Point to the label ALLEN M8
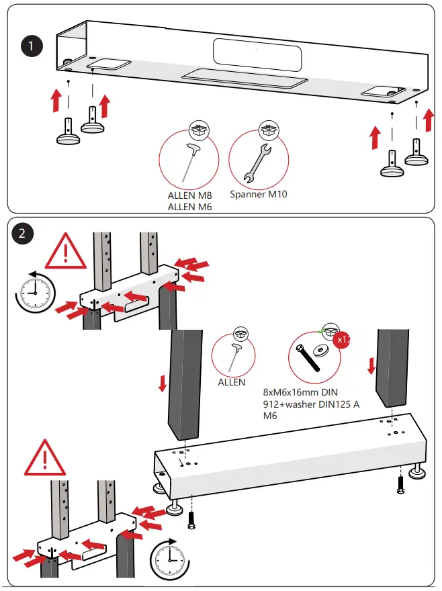(x=189, y=195)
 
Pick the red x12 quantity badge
(x=343, y=340)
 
